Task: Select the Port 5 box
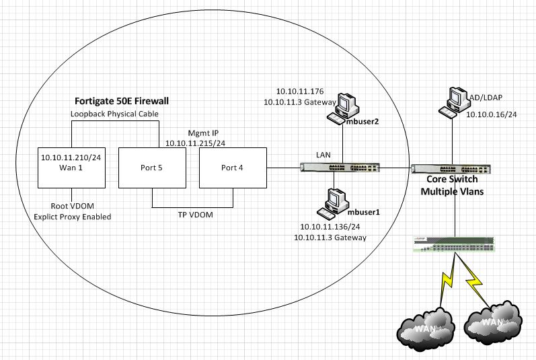coord(151,168)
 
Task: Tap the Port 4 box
coord(232,168)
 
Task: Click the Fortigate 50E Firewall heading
coord(120,100)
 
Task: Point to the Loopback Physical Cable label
coord(114,114)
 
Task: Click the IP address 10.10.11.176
coord(300,91)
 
